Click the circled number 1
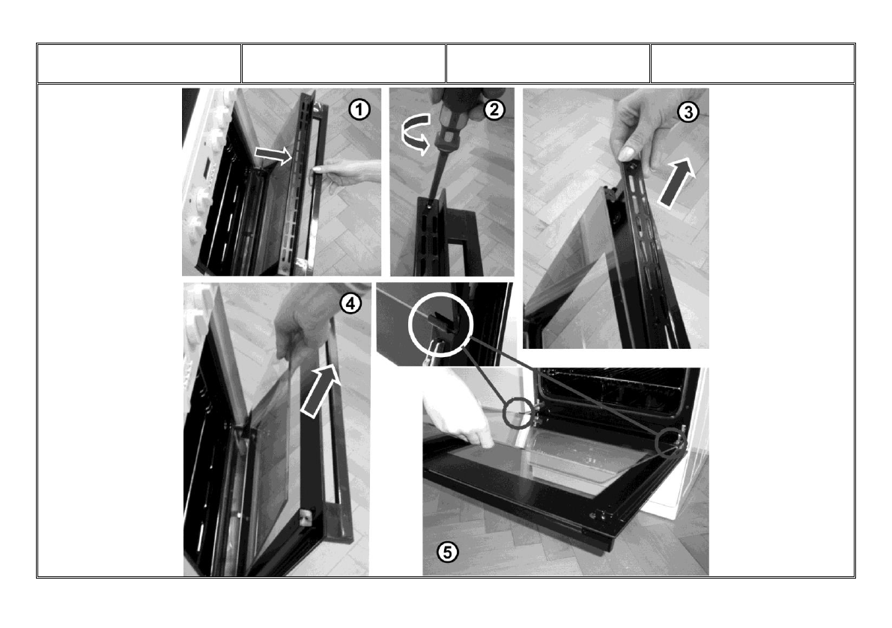click(359, 109)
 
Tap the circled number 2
click(494, 109)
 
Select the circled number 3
click(688, 112)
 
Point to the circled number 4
click(351, 303)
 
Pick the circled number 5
click(448, 551)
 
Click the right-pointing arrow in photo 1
click(273, 154)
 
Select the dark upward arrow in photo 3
click(678, 182)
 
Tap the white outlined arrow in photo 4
click(320, 390)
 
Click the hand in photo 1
click(345, 174)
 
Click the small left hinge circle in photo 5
click(519, 412)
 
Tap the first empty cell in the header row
click(139, 64)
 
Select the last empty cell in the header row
click(753, 64)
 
